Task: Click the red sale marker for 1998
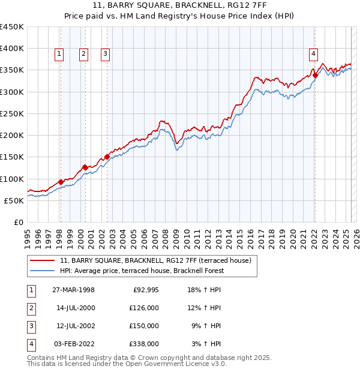61,182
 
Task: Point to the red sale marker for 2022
315,76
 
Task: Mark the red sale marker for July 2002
107,157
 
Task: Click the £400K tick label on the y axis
12,49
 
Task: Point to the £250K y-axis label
12,113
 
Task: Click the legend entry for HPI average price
142,271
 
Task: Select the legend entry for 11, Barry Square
158,260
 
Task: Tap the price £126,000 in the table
143,308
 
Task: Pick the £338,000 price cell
143,344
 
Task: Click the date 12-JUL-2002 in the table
74,326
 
